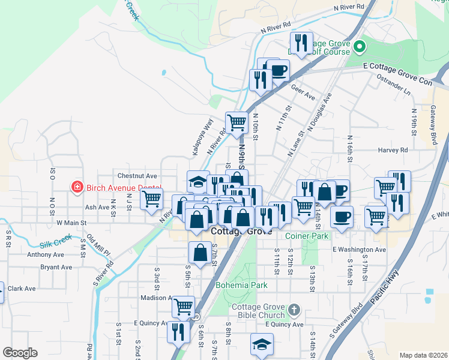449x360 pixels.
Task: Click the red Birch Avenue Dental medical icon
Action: click(x=76, y=188)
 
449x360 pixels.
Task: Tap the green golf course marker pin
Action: click(x=360, y=46)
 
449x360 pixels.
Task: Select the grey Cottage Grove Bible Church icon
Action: click(x=293, y=310)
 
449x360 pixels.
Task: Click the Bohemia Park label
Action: click(x=241, y=286)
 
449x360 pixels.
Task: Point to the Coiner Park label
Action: click(x=307, y=236)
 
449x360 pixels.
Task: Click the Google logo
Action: click(x=20, y=353)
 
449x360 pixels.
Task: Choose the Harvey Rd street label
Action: click(x=393, y=150)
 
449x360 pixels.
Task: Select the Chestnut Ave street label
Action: click(x=137, y=176)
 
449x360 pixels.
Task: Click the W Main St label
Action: click(x=71, y=223)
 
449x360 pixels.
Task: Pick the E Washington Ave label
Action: click(x=358, y=249)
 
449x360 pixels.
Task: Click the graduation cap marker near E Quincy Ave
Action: click(x=261, y=345)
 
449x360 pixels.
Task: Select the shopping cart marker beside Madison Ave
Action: click(x=184, y=307)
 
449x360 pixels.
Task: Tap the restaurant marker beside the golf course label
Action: click(x=301, y=43)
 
